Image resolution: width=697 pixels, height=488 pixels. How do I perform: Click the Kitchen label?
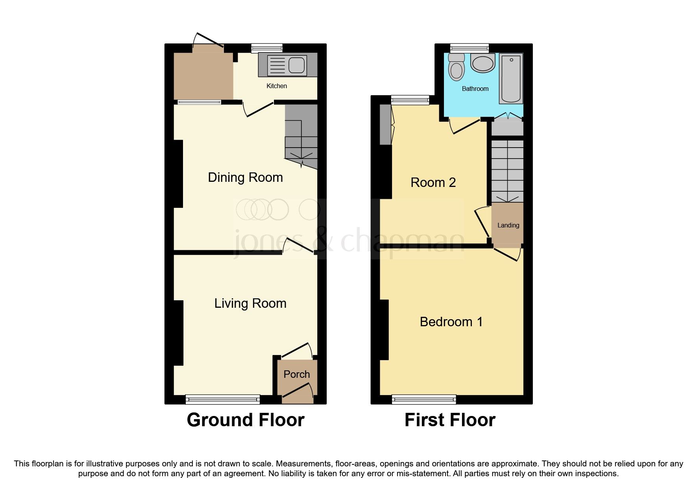[277, 86]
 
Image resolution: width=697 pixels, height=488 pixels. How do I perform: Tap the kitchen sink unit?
[287, 65]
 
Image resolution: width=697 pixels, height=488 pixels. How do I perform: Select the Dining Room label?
[245, 177]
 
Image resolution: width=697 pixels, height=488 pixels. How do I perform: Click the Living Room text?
[250, 303]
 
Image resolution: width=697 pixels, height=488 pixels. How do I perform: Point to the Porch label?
[296, 374]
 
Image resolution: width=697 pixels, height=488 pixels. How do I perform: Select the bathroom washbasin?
[483, 63]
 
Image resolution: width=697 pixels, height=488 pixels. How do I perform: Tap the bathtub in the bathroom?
[511, 79]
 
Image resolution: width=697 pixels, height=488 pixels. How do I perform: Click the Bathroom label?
[475, 89]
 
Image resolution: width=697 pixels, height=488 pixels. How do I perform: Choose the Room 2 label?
[433, 183]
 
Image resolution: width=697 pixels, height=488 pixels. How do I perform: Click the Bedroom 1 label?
[451, 322]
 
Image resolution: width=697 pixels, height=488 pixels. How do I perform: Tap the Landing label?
[508, 226]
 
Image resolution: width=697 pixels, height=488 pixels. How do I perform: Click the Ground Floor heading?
[246, 420]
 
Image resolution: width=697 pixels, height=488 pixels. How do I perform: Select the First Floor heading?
[450, 420]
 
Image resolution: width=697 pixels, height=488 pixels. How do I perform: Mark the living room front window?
[223, 400]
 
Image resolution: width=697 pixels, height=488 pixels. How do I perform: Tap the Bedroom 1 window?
[424, 400]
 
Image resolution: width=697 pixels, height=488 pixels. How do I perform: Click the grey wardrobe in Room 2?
[386, 124]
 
